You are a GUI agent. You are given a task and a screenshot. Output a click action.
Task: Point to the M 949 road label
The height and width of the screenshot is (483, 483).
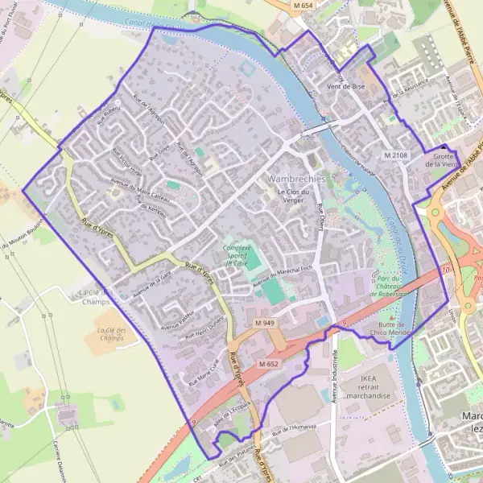[x=266, y=323]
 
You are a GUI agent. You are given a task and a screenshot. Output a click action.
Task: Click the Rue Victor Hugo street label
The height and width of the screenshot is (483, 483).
[x=127, y=163]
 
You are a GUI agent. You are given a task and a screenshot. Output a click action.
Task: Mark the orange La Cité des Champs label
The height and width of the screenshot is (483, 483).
[x=112, y=334]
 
